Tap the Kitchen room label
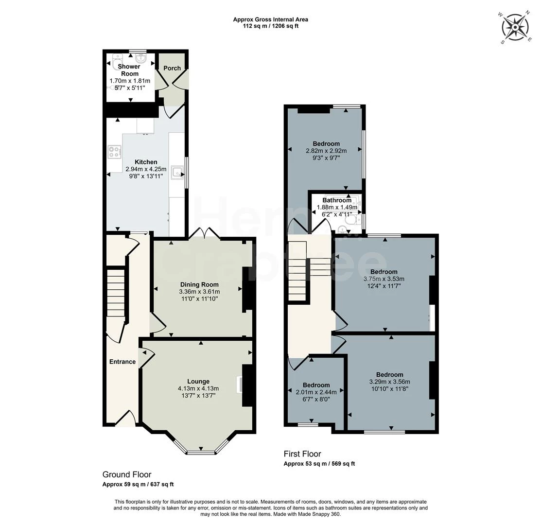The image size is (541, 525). click(146, 162)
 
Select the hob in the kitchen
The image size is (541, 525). click(115, 152)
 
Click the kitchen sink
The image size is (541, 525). click(178, 172)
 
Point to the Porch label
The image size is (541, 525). click(172, 69)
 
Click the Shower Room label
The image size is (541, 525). click(130, 70)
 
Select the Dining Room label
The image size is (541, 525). click(199, 284)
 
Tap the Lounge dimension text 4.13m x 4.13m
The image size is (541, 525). click(198, 388)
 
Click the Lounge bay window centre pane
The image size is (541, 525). click(201, 452)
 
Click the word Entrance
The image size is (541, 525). click(122, 362)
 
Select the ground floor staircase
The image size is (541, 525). click(116, 294)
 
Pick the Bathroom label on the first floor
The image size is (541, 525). click(337, 200)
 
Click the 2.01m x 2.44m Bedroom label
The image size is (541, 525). click(316, 385)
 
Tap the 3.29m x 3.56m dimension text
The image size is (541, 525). click(389, 382)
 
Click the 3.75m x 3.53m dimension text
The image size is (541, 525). click(384, 279)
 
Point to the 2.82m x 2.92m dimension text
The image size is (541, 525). click(326, 151)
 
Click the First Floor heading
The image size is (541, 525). click(302, 454)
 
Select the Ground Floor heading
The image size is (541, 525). click(126, 474)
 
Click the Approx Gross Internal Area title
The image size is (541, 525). click(270, 19)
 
